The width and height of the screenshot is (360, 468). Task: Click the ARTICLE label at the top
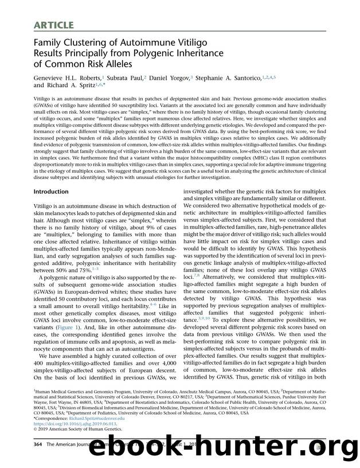tap(52, 24)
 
